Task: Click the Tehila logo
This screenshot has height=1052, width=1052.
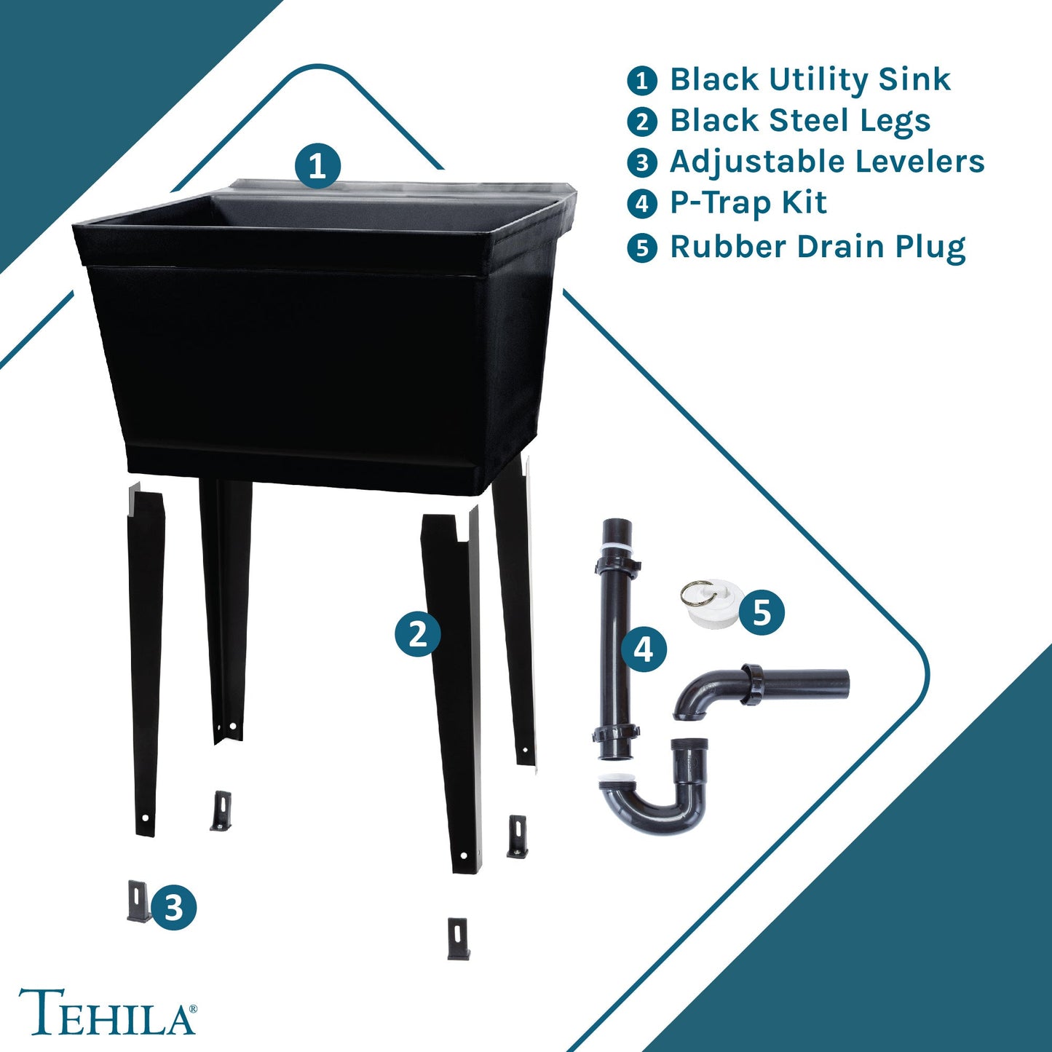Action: [x=107, y=1011]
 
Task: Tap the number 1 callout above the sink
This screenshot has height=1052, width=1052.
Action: [x=317, y=166]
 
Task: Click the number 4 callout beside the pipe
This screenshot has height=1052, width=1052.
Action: [x=644, y=649]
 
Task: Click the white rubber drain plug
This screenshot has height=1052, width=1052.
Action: [x=709, y=604]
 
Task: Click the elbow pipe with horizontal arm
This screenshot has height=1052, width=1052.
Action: [x=757, y=688]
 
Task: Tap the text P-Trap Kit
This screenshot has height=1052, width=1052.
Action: [x=748, y=203]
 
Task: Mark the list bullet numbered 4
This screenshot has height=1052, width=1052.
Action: [x=641, y=205]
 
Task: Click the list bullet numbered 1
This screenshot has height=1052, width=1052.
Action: [x=641, y=80]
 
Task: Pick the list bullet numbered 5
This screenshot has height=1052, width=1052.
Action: [x=641, y=248]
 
